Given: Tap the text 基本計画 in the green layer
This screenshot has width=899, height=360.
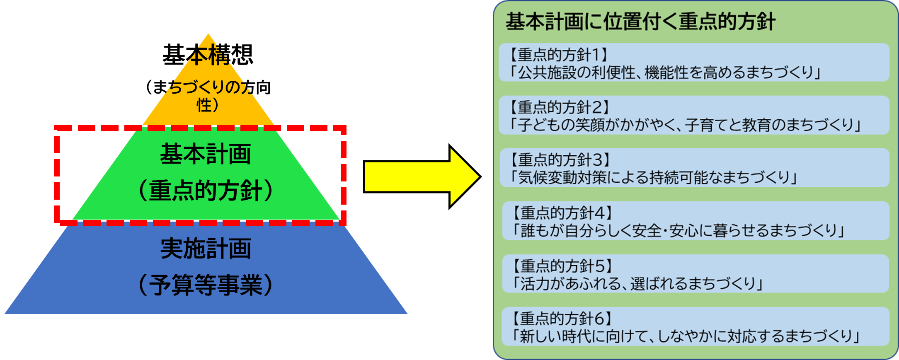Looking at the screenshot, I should click(x=206, y=155).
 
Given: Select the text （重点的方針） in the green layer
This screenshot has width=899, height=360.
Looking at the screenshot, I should click(x=206, y=191).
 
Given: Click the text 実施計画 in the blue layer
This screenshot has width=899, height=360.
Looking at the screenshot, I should click(x=206, y=249).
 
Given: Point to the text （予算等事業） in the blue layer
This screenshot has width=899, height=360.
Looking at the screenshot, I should click(x=206, y=285).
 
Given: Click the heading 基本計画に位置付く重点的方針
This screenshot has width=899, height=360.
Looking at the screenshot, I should click(x=640, y=22).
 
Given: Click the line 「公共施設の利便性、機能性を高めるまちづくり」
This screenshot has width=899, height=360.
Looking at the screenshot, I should click(x=665, y=73).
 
